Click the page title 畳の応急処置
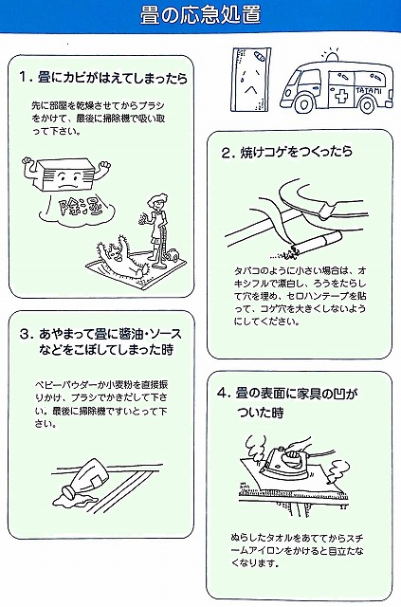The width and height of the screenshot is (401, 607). pos(200,15)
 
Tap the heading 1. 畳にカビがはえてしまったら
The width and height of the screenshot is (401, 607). pos(103,78)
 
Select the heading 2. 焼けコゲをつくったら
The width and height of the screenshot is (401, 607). pos(287,152)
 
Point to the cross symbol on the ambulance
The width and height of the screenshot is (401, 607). pos(340,96)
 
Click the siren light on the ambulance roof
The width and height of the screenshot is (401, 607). pos(332,57)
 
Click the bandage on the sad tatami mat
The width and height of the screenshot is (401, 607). pos(258,57)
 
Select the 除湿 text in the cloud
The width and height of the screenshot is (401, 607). pos(74,210)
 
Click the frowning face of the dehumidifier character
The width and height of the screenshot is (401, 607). pos(66,181)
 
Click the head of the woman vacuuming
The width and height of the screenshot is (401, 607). pos(159,202)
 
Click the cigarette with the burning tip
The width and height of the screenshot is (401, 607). pos(315,243)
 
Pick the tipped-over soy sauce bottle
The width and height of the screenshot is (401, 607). pos(88,479)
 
